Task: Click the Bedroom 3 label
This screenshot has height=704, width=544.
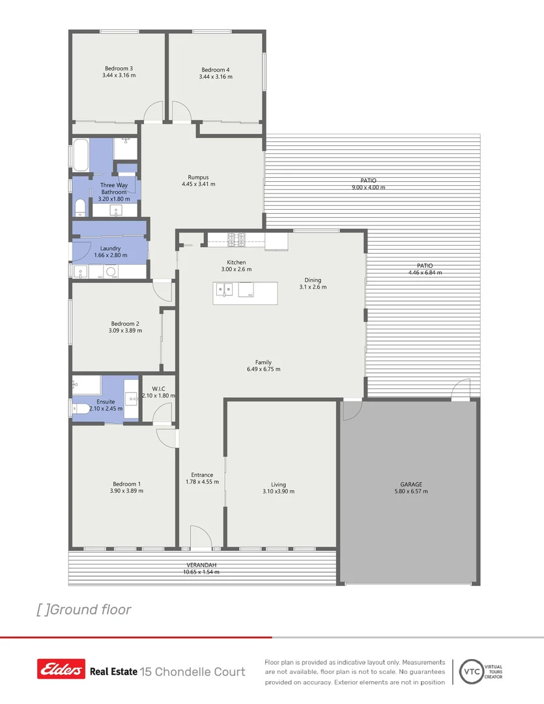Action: tap(119, 68)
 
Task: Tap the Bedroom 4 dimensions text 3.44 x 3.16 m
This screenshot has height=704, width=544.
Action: tap(216, 77)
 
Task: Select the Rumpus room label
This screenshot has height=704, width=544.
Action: tap(198, 177)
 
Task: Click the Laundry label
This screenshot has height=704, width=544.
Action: tap(110, 248)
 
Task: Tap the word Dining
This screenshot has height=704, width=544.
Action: tap(313, 280)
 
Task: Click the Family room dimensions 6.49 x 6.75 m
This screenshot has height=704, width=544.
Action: tap(263, 370)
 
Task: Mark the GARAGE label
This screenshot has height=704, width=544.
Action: tap(411, 484)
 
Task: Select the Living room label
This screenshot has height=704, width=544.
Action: tap(278, 484)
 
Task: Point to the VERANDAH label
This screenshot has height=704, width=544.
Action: tap(201, 565)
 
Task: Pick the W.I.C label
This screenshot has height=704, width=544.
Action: tap(158, 389)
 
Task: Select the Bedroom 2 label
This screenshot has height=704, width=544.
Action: tap(125, 323)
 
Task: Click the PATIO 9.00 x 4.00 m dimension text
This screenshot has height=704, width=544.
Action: tap(368, 188)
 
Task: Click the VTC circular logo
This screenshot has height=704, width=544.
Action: tap(470, 670)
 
